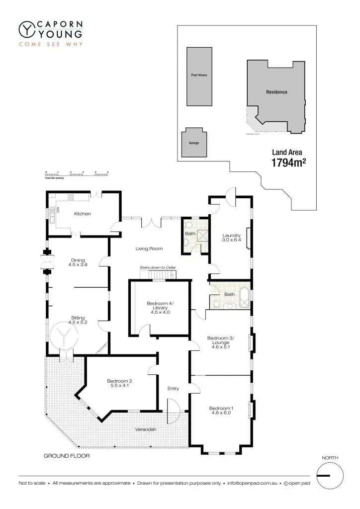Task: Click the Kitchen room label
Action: pyautogui.click(x=82, y=214)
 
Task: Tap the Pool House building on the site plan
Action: pyautogui.click(x=199, y=76)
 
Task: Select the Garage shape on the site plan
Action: pyautogui.click(x=193, y=143)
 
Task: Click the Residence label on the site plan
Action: pyautogui.click(x=276, y=92)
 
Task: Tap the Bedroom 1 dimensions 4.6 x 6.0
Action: pyautogui.click(x=221, y=413)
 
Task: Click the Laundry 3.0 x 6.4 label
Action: pyautogui.click(x=231, y=238)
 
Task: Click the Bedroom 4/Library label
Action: pyautogui.click(x=159, y=308)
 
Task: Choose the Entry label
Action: pyautogui.click(x=173, y=389)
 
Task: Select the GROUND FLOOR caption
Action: pyautogui.click(x=67, y=455)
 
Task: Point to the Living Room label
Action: pyautogui.click(x=149, y=249)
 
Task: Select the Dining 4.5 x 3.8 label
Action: pyautogui.click(x=78, y=262)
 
